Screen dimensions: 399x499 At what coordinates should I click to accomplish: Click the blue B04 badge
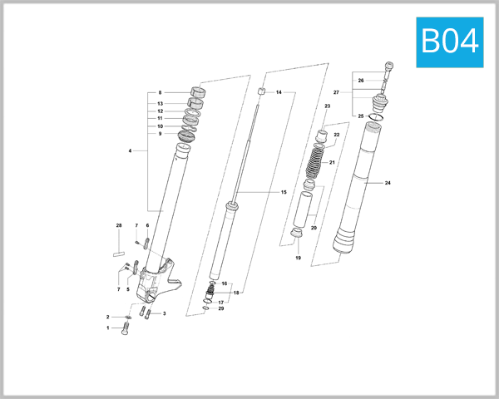click(449, 42)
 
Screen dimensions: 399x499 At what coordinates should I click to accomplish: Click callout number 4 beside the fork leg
click(131, 150)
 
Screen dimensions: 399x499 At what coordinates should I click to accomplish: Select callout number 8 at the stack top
click(159, 92)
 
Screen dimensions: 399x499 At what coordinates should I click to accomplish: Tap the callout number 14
click(279, 92)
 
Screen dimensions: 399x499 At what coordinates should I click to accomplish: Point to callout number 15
click(284, 192)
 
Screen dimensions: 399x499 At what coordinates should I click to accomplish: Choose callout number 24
click(388, 182)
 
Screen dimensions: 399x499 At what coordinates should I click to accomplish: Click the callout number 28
click(118, 226)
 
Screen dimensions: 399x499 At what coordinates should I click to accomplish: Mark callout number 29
click(221, 308)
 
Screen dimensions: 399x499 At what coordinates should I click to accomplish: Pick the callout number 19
click(298, 259)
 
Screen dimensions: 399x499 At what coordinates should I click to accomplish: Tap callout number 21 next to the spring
click(333, 162)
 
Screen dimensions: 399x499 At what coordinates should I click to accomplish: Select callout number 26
click(362, 81)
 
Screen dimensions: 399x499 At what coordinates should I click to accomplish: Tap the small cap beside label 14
click(259, 91)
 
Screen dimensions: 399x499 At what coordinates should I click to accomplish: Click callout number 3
click(164, 313)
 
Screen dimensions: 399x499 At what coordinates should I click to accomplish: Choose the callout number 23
click(328, 107)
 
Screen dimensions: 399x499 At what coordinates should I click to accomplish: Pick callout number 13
click(159, 103)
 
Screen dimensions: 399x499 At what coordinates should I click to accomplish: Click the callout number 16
click(225, 284)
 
